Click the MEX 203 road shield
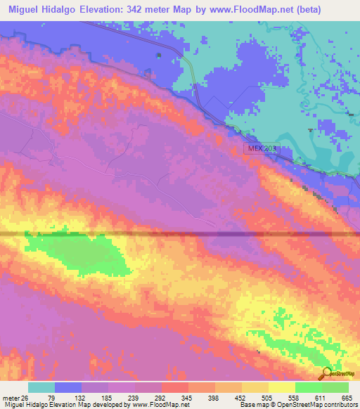pos(261,149)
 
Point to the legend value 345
pos(186,397)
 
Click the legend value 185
pos(106,397)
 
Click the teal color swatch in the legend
pos(41,387)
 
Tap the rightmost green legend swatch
pos(335,387)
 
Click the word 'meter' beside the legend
pos(11,397)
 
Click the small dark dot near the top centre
pos(158,56)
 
